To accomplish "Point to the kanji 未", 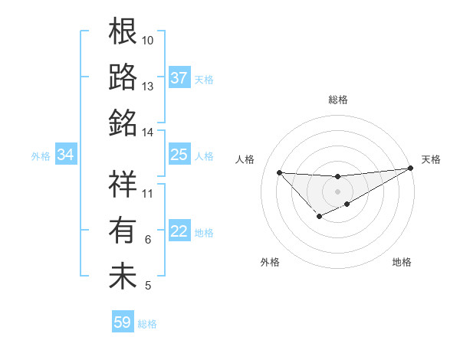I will pos(123,275).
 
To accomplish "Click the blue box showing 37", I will pos(179,78).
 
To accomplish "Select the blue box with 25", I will pos(179,155).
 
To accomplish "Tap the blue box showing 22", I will pos(179,232).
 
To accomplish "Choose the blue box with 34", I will pos(66,155).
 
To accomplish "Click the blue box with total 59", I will pos(123,322).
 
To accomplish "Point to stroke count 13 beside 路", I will pos(148,86).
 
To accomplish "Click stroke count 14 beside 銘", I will pos(148,132).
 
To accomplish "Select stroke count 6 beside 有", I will pos(148,240).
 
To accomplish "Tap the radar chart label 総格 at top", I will pos(338,100).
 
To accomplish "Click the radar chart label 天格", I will pos(431,159).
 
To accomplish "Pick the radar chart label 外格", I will pos(270,262).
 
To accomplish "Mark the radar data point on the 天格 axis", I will pos(411,169).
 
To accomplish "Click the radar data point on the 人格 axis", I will pos(280,172).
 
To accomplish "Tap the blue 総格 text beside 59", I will pos(147,323).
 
